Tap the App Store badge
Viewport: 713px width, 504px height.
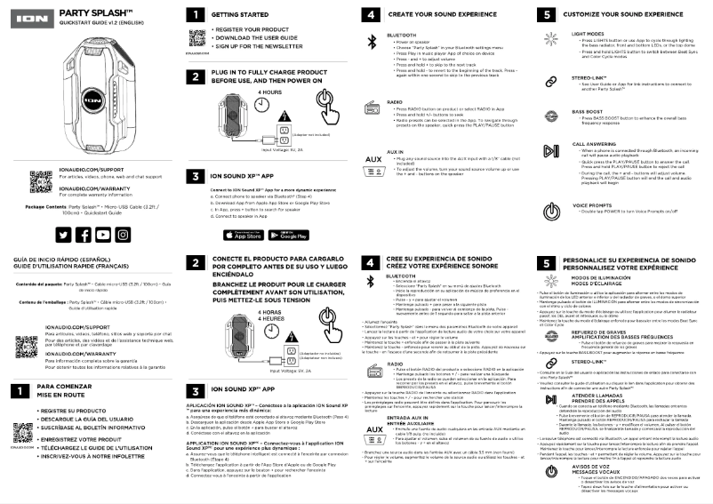coord(242,235)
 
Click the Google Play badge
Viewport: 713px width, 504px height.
coord(287,235)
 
